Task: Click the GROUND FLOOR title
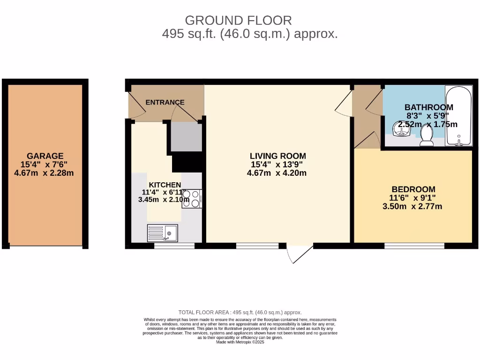238,20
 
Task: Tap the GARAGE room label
45,156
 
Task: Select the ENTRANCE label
165,102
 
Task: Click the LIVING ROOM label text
277,156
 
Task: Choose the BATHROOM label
428,107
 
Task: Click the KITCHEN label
165,185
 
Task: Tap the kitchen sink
162,232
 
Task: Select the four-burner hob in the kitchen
191,198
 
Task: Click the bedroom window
414,246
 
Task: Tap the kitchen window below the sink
174,246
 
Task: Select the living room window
257,246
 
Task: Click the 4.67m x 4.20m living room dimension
277,173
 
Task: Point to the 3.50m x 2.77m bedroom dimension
412,206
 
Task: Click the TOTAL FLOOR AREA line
240,312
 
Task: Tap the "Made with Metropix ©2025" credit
240,342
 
